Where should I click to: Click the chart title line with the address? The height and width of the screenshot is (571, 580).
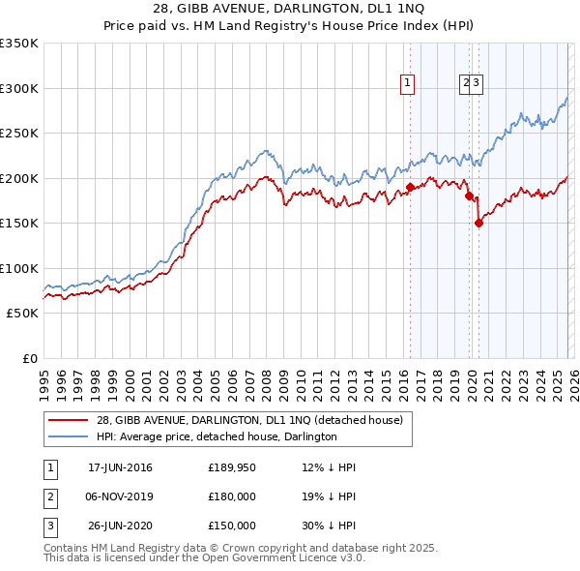(289, 9)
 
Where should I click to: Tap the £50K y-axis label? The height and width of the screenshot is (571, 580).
(22, 313)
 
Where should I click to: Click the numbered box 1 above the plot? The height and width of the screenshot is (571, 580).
(408, 84)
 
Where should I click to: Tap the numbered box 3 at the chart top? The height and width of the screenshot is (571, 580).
(478, 84)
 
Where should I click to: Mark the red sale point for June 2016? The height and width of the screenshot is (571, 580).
(410, 187)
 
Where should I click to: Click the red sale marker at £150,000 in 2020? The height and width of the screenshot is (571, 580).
(478, 223)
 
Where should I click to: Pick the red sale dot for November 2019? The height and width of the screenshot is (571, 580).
(469, 195)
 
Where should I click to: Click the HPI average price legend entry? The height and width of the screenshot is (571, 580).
(217, 436)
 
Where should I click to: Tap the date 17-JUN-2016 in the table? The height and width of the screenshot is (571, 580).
(120, 467)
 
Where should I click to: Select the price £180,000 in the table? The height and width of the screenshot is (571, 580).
(232, 496)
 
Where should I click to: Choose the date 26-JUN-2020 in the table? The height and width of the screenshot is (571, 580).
(120, 526)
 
